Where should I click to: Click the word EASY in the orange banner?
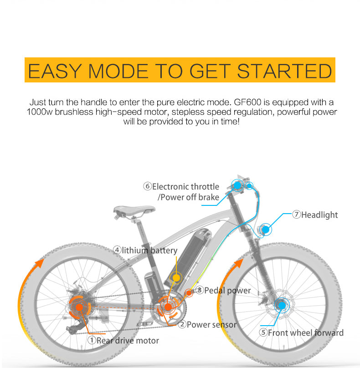55,71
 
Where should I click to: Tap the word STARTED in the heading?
284,71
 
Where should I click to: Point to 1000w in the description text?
40,112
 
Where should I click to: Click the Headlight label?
319,215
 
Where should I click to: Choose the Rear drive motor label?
128,340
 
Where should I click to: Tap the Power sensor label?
211,325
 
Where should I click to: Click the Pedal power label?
227,291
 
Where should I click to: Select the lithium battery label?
149,250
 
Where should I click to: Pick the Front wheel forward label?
305,332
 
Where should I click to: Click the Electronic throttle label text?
185,187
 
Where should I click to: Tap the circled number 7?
296,214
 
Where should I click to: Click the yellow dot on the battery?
176,278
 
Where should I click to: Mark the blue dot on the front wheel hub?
282,305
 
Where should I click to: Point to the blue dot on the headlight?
265,230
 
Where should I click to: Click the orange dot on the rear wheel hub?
79,307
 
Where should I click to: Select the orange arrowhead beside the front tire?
239,263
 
